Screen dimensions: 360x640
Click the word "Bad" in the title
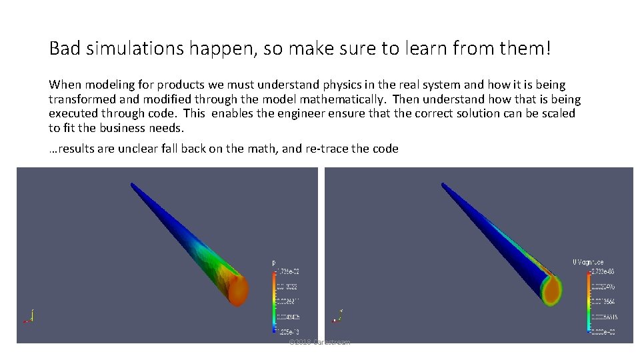(x=63, y=49)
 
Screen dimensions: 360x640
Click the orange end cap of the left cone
(x=237, y=289)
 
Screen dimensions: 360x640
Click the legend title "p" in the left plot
(x=274, y=263)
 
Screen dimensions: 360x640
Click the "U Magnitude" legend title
(x=589, y=263)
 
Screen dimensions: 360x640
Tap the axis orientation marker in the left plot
(x=29, y=316)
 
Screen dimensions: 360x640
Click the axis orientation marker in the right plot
(x=338, y=316)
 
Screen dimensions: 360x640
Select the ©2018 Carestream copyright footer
(x=319, y=342)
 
